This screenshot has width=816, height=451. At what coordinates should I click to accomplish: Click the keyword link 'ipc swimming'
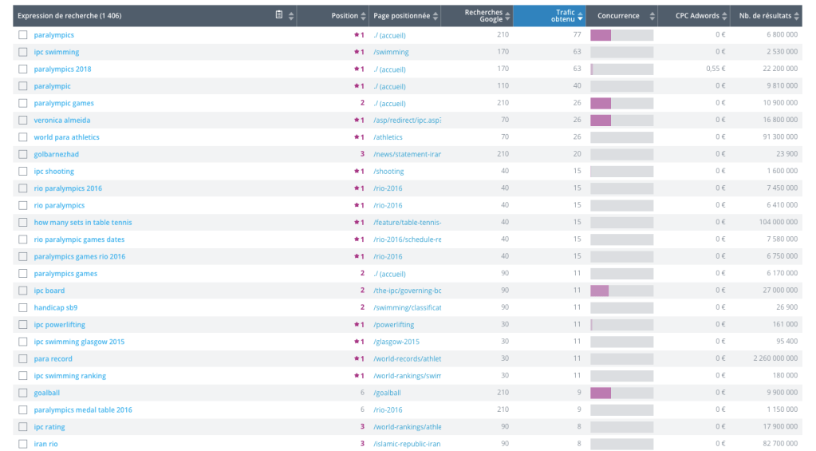click(x=57, y=52)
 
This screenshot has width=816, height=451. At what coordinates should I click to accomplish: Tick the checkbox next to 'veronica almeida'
click(x=22, y=121)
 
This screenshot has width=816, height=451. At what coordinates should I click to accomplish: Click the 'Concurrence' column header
click(x=618, y=16)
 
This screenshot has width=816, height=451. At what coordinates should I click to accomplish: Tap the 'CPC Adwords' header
click(x=697, y=16)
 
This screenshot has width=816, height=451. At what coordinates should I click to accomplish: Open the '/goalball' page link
click(x=388, y=393)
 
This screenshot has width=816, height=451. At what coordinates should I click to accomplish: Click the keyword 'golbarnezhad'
click(x=56, y=154)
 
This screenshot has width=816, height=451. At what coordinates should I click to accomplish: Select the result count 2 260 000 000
click(x=775, y=359)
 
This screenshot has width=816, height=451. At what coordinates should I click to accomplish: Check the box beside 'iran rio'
click(x=22, y=444)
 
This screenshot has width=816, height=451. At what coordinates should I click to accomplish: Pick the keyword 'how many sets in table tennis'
click(x=83, y=223)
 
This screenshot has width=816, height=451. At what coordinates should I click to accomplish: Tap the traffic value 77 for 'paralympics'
click(x=576, y=35)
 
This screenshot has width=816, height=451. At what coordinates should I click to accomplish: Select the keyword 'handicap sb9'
click(x=56, y=307)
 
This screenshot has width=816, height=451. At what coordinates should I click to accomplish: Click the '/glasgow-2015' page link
click(x=396, y=342)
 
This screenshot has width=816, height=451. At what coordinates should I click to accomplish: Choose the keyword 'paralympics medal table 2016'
click(x=83, y=410)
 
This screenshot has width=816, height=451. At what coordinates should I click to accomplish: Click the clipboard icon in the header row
click(x=278, y=15)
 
